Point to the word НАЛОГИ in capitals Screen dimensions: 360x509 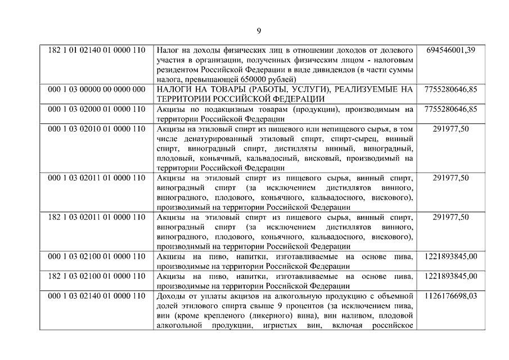[x=174, y=89]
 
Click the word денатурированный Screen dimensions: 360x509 [x=209, y=138]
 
